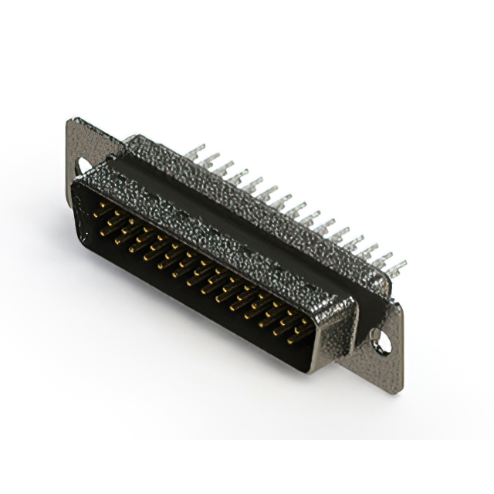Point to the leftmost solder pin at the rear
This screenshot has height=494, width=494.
[195, 151]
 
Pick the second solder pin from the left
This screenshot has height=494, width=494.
[209, 160]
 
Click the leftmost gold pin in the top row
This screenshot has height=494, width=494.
[99, 207]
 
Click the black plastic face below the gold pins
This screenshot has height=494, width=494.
[193, 309]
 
